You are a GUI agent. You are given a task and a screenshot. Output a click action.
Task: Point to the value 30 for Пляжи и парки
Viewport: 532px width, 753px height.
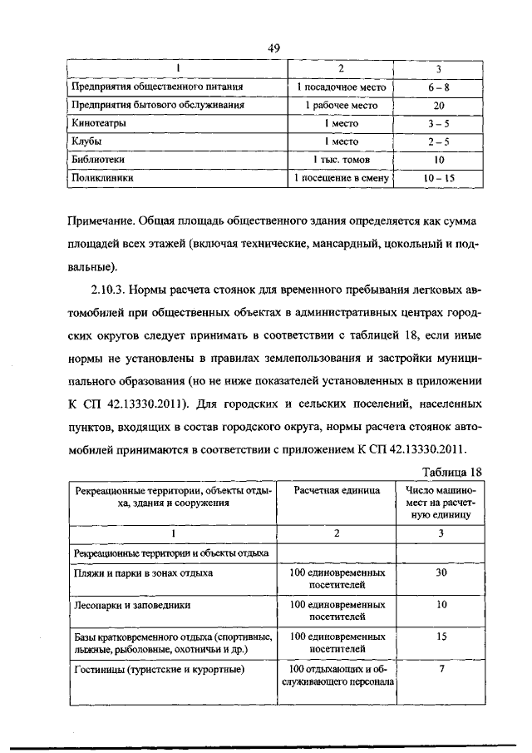tap(441, 573)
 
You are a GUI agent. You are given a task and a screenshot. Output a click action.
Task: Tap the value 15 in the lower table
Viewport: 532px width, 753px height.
tap(441, 637)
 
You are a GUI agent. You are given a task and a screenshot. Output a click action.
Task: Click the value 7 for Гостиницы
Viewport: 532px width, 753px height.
tap(441, 669)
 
